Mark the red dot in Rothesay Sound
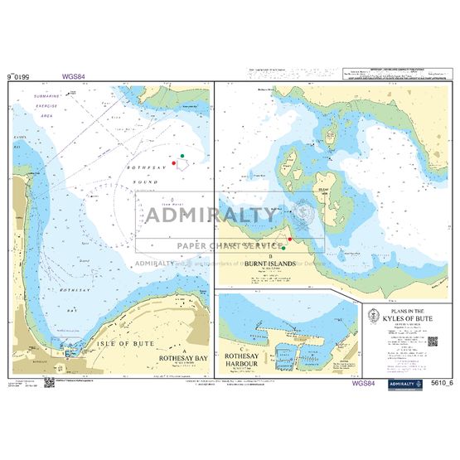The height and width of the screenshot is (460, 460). pos(173,163)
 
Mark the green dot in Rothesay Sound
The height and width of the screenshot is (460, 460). pos(182,156)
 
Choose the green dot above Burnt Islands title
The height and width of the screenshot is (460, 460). pos(284,247)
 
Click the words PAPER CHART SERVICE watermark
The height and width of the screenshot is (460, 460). pos(229,247)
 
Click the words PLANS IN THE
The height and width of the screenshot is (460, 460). pos(403,308)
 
